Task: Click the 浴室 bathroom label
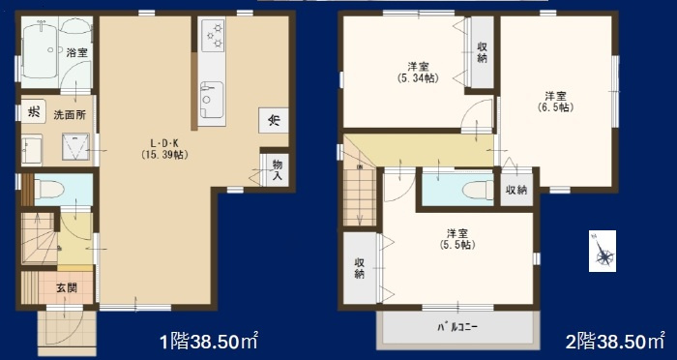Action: pyautogui.click(x=77, y=53)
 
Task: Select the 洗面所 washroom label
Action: pyautogui.click(x=69, y=114)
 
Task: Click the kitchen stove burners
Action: pyautogui.click(x=212, y=38)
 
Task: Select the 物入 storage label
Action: pyautogui.click(x=277, y=171)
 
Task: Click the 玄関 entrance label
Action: pyautogui.click(x=66, y=287)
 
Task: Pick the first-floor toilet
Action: pyautogui.click(x=48, y=187)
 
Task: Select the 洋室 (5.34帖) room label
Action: pyautogui.click(x=418, y=72)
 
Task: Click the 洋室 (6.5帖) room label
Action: pyautogui.click(x=554, y=101)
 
